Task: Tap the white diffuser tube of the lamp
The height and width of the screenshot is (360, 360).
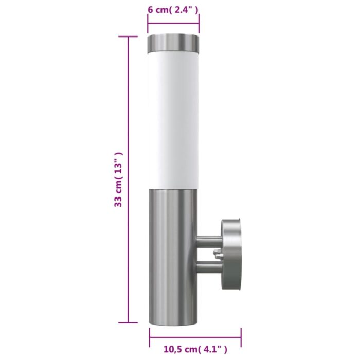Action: (x=173, y=118)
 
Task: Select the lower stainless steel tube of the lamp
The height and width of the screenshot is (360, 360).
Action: (x=173, y=252)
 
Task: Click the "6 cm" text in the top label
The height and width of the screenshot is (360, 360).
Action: (x=158, y=10)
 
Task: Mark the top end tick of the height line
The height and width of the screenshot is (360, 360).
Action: (x=128, y=37)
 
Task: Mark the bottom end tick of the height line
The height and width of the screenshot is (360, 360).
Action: (x=128, y=323)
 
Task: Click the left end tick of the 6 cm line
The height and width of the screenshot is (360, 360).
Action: (x=148, y=24)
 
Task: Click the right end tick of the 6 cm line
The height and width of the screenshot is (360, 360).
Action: (x=199, y=24)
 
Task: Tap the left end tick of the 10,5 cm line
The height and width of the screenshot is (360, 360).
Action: (x=150, y=337)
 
